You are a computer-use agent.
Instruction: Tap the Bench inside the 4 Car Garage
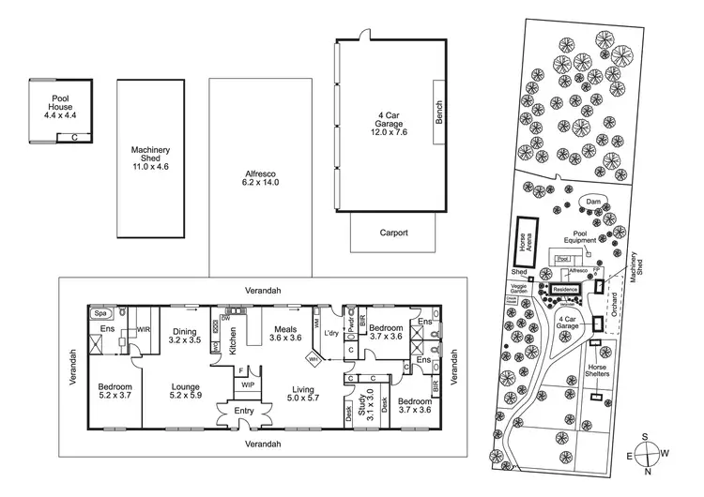438,112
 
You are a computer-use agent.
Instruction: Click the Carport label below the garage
393,233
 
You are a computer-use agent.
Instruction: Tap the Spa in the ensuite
98,313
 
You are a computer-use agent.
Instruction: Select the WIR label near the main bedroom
145,330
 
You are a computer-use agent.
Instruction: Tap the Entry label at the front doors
243,411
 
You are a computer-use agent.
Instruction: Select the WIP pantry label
248,384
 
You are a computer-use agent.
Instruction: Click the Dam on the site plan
592,202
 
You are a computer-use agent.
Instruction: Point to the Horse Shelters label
597,371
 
